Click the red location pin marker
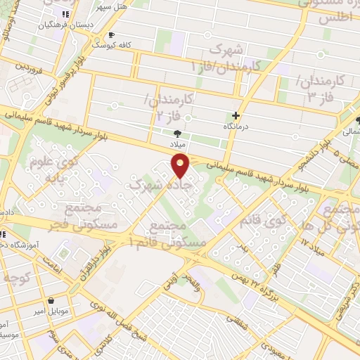coord(181,165)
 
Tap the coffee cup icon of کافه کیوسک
coord(110,34)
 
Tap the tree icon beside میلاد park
coord(177,133)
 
